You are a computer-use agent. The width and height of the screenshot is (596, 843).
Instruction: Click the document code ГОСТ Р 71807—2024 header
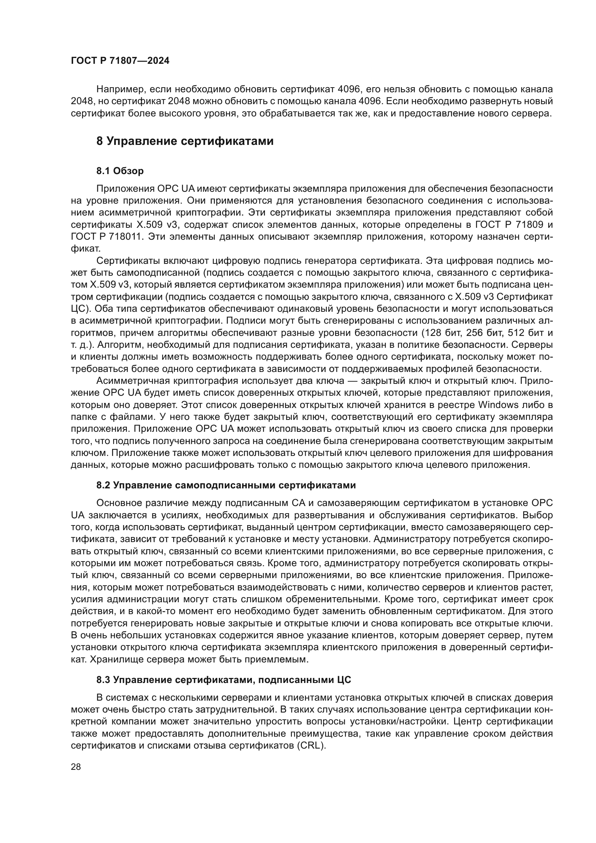[x=120, y=61]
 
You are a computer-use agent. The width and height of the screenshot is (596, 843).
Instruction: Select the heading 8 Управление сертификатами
[x=185, y=141]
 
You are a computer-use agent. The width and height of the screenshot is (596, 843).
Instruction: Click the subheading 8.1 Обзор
[x=120, y=171]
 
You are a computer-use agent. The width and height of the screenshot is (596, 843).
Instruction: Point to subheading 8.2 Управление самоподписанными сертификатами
[x=226, y=485]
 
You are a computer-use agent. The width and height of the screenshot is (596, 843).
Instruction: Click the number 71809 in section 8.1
[x=530, y=224]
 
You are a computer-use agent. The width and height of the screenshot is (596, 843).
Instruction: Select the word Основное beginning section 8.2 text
[x=119, y=503]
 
